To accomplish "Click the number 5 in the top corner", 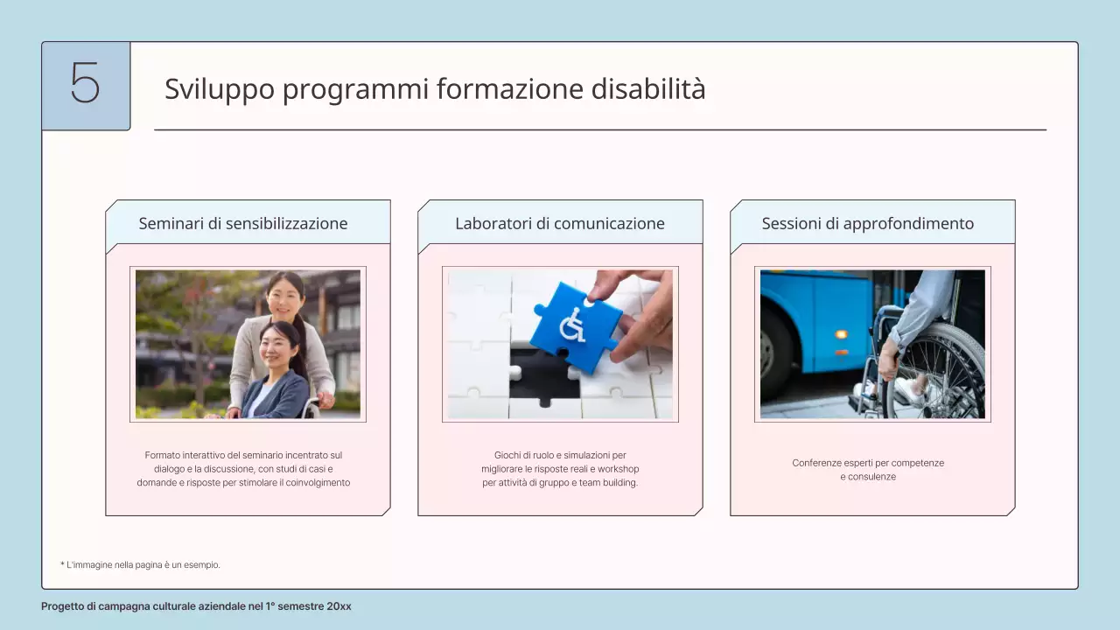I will coord(85,85).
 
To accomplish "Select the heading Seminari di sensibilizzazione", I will coord(243,223).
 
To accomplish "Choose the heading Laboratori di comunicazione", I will coord(560,223).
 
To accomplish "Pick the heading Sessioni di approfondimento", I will coord(867,223).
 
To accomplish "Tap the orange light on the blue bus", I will coord(841,334).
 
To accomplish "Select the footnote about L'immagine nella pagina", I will coord(140,565).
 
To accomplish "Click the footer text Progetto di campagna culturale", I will coord(196,606).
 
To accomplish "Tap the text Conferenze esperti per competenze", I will coord(868,463).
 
